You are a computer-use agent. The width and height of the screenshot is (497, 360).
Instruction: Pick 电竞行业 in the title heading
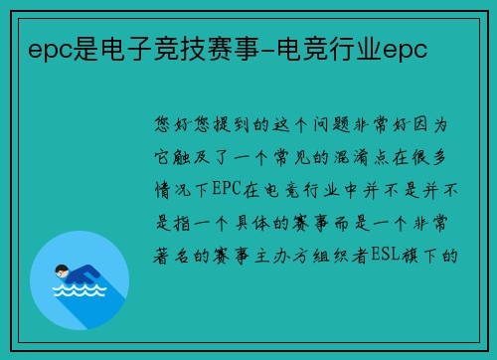[x=330, y=51]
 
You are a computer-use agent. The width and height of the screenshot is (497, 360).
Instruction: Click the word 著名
[x=172, y=256]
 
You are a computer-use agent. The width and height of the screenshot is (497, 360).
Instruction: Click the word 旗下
[x=425, y=256]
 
